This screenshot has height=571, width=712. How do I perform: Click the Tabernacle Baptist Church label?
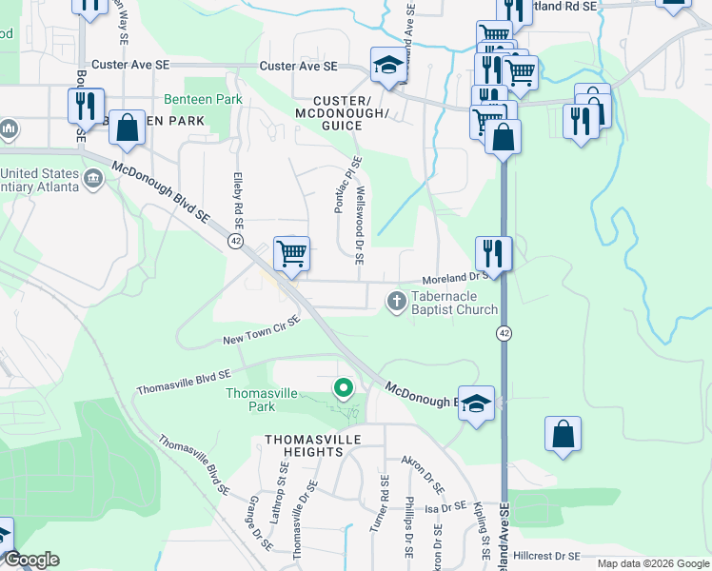(x=454, y=303)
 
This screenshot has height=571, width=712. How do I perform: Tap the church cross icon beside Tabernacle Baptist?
(x=397, y=302)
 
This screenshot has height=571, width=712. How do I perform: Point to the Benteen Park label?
(x=203, y=99)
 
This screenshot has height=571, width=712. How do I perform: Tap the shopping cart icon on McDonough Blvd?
(x=291, y=253)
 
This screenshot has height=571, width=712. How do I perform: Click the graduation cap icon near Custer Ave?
(x=387, y=65)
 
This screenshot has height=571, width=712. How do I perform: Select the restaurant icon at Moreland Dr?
(x=493, y=252)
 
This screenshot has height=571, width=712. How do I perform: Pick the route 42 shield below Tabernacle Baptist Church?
(x=502, y=332)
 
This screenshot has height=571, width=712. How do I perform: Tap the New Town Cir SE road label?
(x=262, y=330)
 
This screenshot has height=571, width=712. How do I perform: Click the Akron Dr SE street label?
(x=422, y=476)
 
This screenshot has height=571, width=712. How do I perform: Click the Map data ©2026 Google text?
(x=652, y=563)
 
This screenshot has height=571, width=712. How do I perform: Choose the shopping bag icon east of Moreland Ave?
(x=563, y=433)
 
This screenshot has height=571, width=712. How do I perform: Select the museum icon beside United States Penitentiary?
(x=94, y=178)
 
